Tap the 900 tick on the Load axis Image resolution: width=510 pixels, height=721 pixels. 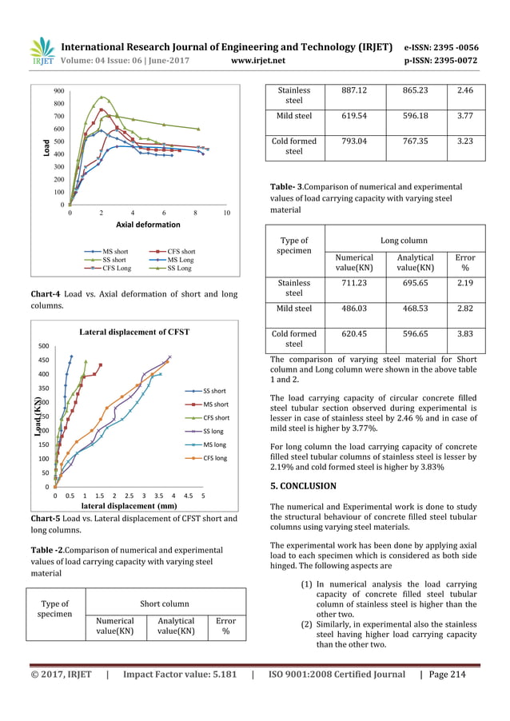coord(59,91)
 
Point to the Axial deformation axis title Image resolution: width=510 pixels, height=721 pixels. coord(149,225)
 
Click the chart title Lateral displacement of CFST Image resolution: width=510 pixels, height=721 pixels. coord(133,331)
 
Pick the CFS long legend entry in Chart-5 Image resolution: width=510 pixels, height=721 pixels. coord(214,458)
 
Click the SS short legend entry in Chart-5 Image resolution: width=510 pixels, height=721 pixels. coord(214,390)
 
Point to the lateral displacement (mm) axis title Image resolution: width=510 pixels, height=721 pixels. coord(129,505)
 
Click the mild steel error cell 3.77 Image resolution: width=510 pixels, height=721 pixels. coord(465,115)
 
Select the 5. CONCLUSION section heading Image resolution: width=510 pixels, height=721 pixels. coord(303,485)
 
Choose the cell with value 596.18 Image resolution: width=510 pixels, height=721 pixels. coord(415,115)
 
